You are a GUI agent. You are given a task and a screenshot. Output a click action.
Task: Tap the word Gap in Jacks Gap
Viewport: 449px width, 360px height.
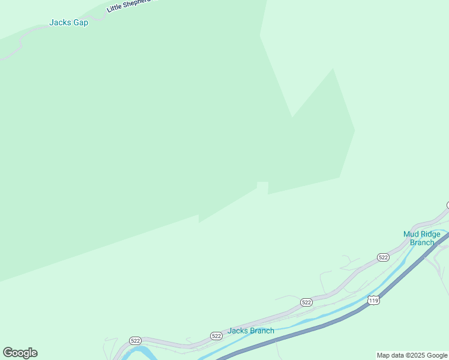80,23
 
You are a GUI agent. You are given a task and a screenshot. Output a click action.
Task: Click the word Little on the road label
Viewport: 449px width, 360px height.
115,8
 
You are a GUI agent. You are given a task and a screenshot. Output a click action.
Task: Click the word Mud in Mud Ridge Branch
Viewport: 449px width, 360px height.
411,234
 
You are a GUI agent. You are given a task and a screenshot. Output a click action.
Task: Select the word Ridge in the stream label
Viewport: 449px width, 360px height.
430,234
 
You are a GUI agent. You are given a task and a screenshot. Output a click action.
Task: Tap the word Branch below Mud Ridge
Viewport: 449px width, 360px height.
421,242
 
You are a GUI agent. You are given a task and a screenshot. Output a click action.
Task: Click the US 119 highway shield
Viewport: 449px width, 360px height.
374,300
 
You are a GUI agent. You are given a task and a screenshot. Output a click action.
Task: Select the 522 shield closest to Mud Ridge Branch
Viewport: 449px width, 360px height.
383,257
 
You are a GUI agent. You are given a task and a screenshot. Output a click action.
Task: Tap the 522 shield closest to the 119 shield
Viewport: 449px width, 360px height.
307,302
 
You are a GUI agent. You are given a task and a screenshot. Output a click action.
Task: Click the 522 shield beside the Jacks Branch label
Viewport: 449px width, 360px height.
216,336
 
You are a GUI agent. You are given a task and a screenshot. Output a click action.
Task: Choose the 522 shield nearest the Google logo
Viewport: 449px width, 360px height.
135,340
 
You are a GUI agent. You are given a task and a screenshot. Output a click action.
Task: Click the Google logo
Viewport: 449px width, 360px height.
20,353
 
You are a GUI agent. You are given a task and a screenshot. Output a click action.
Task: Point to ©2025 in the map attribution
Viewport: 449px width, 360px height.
417,355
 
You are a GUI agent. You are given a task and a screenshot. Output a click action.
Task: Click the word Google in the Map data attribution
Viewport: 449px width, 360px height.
437,355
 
